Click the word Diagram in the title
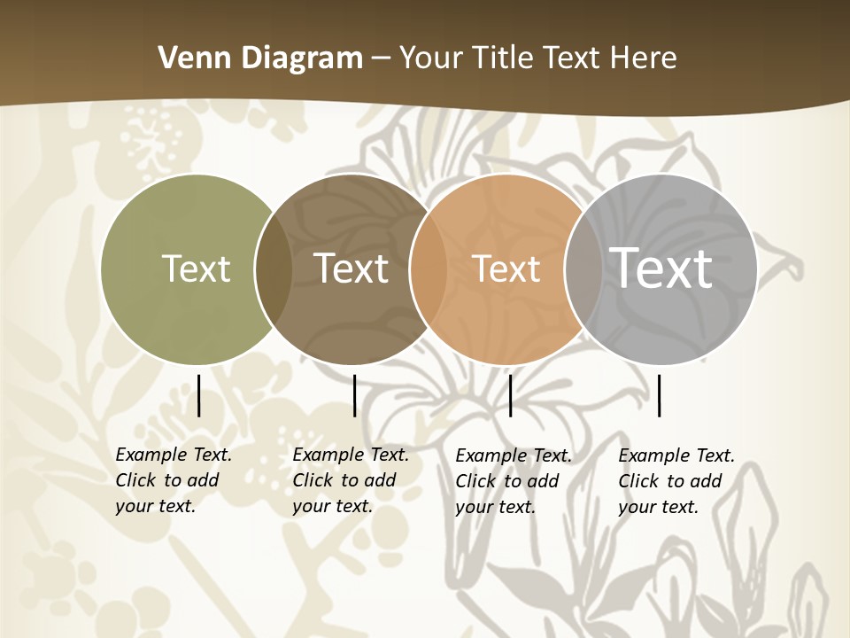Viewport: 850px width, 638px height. pos(302,58)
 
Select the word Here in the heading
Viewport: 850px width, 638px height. pos(644,58)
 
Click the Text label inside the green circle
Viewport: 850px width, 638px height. pos(196,268)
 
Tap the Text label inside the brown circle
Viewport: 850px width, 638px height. pos(351,268)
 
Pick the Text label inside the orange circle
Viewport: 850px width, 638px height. pos(506,268)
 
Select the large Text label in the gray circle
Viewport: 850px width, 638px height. pos(661,268)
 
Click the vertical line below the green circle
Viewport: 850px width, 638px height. pos(199,395)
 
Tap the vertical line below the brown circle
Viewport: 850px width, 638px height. pos(354,395)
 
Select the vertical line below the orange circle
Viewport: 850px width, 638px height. pos(510,395)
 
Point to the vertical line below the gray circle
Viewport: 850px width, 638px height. pos(660,395)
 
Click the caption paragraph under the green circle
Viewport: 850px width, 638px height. pos(173,480)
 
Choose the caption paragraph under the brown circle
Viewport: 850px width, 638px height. pos(350,480)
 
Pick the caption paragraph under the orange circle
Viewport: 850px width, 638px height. pos(513,481)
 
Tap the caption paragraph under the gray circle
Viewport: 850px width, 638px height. pos(676,481)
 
